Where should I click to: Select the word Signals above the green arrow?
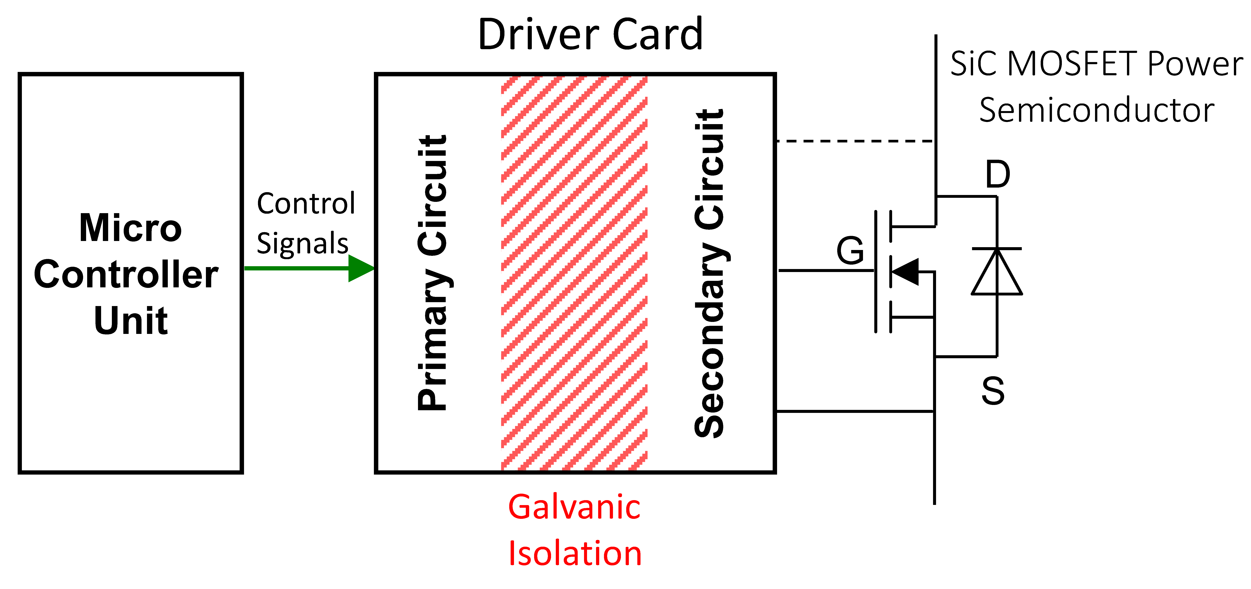click(302, 244)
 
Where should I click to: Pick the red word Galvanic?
click(574, 507)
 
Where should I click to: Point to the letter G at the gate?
click(850, 251)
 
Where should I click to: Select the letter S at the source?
click(993, 391)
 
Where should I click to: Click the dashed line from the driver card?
click(855, 141)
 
